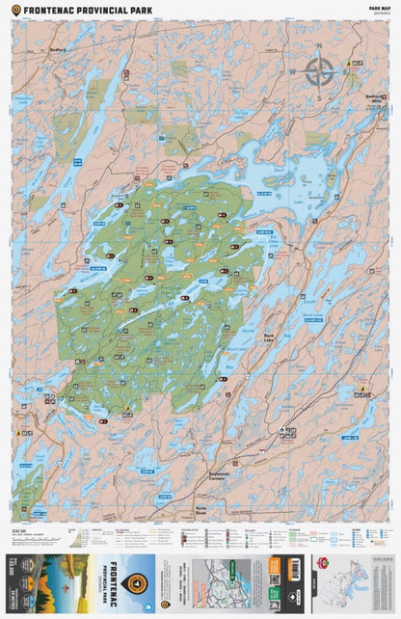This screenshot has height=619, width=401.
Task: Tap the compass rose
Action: tap(321, 72)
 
